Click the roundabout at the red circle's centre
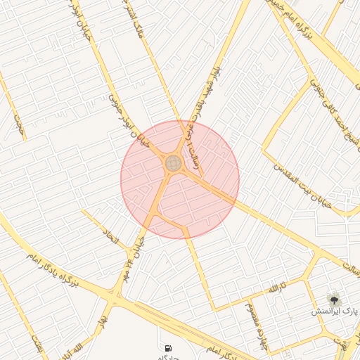coord(173,163)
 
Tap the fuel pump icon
coord(167,347)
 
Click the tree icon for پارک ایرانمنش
coord(335,298)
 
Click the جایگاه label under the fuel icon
coord(169,357)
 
